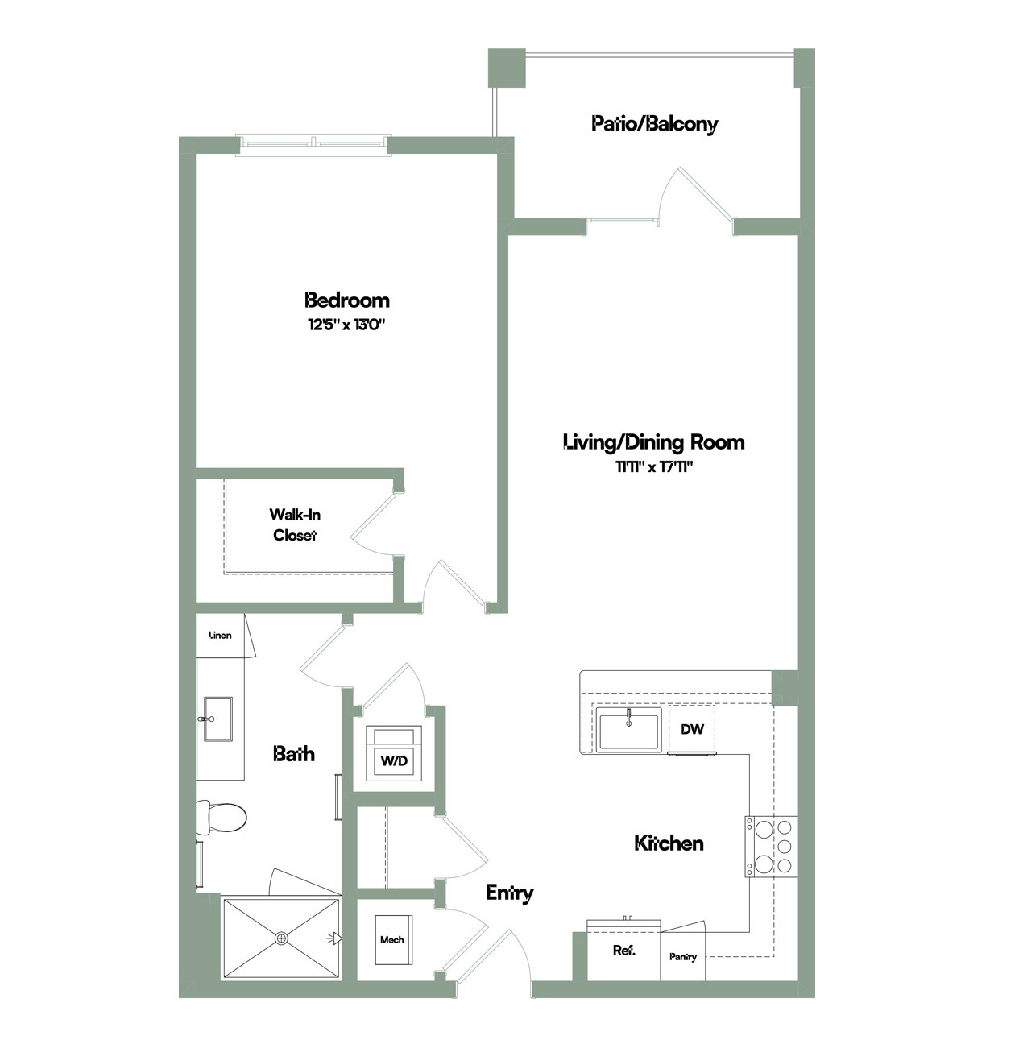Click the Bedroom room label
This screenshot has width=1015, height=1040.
point(347,300)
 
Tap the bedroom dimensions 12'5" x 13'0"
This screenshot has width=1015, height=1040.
point(346,325)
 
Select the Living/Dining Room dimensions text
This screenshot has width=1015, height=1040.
point(653,467)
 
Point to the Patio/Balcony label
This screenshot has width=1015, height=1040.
point(654,124)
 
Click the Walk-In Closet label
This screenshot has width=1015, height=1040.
point(295,524)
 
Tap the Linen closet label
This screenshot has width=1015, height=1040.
point(220,635)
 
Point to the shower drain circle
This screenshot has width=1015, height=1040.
point(281,938)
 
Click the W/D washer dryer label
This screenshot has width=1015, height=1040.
point(394,760)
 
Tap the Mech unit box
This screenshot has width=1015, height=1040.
point(393,940)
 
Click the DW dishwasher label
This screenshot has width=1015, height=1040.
point(692,729)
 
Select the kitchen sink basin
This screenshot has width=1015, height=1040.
point(629,729)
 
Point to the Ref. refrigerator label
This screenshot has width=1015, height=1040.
point(623,950)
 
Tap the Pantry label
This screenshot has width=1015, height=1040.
point(682,957)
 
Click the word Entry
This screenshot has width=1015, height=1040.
point(509,893)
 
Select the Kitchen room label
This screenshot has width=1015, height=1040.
point(669,843)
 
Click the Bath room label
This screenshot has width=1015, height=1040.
point(293,753)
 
